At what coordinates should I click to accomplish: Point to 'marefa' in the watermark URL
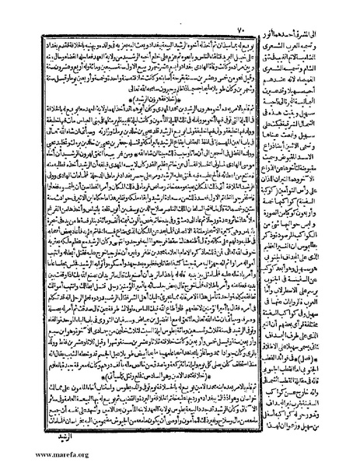click(39, 454)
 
